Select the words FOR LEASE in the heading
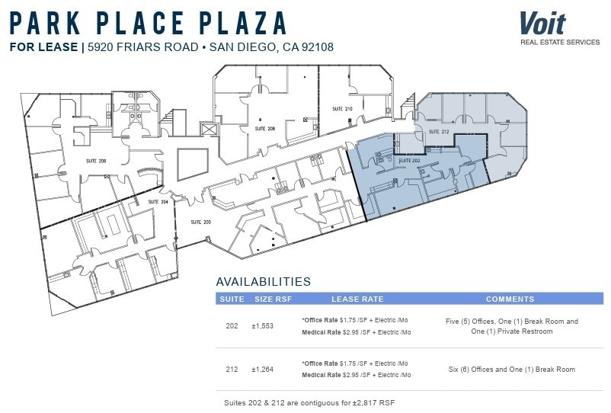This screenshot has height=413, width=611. click(x=44, y=47)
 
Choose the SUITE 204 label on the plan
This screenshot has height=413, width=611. click(x=158, y=202)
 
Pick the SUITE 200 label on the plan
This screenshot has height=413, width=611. click(x=200, y=222)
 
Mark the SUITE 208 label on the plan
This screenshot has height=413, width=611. click(x=265, y=129)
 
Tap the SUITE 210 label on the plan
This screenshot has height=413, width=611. click(x=342, y=109)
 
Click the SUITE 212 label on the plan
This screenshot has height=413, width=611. click(x=439, y=132)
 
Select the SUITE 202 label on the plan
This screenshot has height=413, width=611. click(x=410, y=161)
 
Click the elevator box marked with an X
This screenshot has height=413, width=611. click(x=208, y=130)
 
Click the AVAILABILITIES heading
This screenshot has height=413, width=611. click(x=263, y=281)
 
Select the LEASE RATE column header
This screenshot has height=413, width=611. click(x=357, y=299)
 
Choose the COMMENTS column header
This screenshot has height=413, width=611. click(x=510, y=299)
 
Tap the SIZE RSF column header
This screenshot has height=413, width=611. click(x=273, y=299)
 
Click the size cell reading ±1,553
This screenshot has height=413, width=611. click(x=264, y=326)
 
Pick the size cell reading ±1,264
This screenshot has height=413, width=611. click(x=264, y=370)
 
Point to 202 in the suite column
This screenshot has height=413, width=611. click(x=232, y=326)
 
